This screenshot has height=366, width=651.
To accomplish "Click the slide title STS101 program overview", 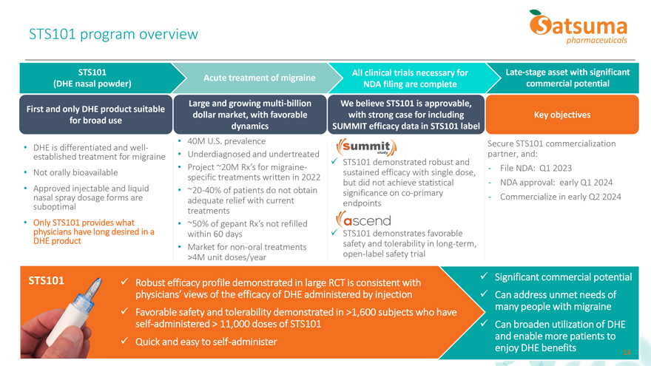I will [113, 35].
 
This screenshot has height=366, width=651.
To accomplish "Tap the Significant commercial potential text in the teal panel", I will [563, 277].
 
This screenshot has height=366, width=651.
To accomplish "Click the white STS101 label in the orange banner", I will [45, 281].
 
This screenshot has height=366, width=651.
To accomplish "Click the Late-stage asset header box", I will [567, 78].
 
